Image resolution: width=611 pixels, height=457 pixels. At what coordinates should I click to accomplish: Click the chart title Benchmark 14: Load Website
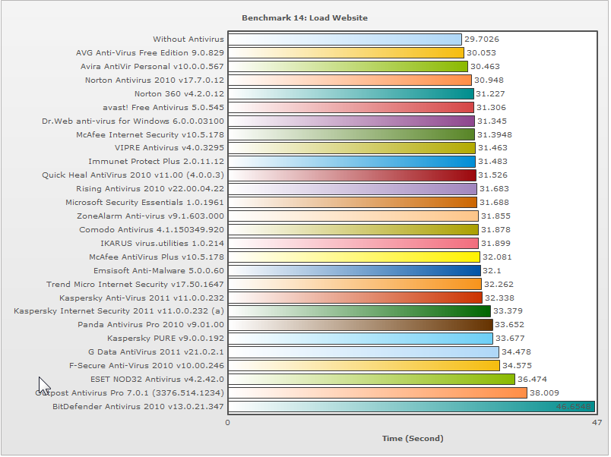point(304,17)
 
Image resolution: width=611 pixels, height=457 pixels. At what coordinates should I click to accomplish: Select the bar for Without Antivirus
point(344,39)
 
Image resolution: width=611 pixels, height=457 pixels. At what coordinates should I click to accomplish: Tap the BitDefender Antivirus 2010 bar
point(410,407)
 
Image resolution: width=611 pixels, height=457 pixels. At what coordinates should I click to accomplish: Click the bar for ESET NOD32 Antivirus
point(371,380)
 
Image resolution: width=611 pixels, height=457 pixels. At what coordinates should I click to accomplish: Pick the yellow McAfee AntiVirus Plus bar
point(353,257)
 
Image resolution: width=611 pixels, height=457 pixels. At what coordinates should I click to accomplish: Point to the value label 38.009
point(545,393)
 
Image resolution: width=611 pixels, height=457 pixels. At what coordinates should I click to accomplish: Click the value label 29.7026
point(482,39)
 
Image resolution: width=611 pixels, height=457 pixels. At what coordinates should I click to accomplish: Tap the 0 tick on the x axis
point(228,422)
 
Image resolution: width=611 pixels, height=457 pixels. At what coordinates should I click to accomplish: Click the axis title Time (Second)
point(412,439)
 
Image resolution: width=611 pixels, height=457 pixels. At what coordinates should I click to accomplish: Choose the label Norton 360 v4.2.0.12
point(179,94)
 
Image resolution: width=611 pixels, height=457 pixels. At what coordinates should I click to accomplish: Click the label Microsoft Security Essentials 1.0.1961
point(144,203)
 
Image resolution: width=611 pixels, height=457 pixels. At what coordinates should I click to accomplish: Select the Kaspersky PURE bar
point(360,339)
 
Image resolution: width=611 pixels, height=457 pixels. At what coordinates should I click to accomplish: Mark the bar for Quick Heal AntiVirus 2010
point(352,175)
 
